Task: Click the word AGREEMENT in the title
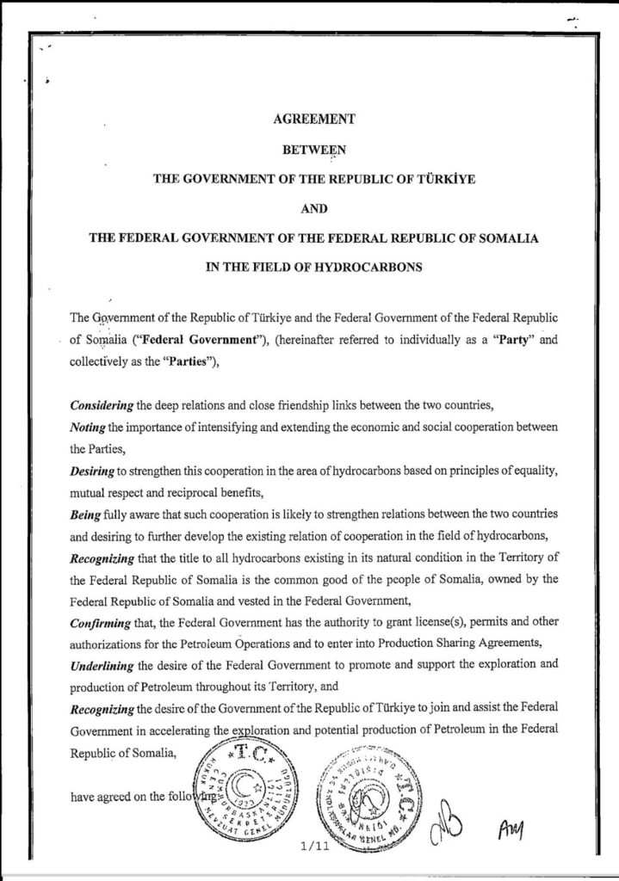(309, 120)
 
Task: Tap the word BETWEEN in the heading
(309, 149)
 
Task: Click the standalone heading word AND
(309, 207)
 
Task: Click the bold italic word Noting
(86, 426)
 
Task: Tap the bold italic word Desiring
(91, 471)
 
